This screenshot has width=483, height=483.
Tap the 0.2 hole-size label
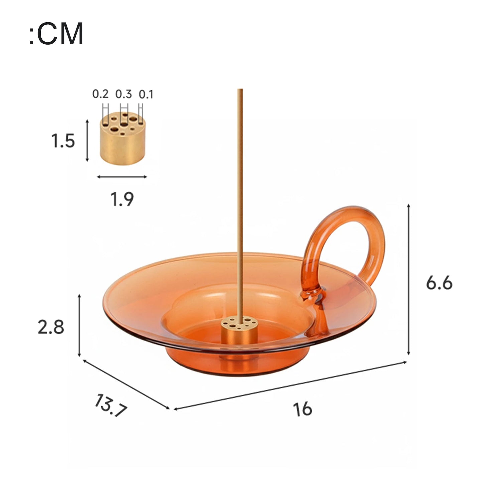point(100,94)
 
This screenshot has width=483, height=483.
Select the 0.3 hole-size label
point(124,94)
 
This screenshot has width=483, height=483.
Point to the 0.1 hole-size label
point(146,95)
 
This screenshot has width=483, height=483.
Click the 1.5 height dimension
point(63,141)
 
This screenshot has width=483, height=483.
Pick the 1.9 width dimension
point(122,199)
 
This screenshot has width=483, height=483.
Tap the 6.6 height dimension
point(439,283)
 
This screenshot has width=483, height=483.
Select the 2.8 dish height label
point(51,327)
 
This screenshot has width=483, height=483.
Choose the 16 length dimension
point(303,409)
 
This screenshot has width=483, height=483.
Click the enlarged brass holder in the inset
point(122,139)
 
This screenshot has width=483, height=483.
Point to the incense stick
point(240,201)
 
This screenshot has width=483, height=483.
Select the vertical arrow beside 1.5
point(87,141)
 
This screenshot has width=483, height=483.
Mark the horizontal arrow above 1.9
point(122,177)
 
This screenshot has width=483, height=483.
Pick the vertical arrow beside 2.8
point(79,326)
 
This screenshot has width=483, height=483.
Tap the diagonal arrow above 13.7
point(126,384)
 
